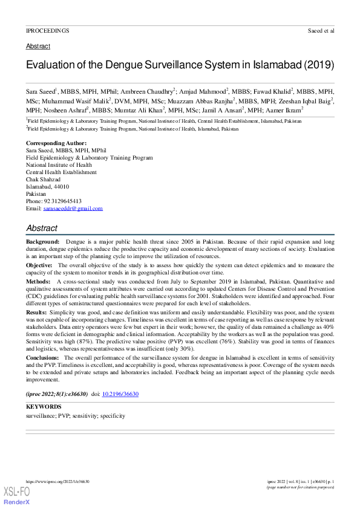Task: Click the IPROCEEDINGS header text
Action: tap(47, 30)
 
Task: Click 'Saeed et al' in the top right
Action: tap(320, 30)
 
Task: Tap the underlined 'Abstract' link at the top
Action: tap(38, 46)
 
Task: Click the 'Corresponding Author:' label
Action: tap(56, 143)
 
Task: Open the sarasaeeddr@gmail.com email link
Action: tap(73, 208)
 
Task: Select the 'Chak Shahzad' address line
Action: tap(43, 179)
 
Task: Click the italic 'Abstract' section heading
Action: tap(42, 228)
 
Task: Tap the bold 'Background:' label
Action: tap(42, 241)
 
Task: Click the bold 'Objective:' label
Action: tap(39, 265)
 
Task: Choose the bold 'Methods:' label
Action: tap(38, 281)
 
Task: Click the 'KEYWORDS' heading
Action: tap(44, 407)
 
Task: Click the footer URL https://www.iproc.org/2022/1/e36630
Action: tap(57, 481)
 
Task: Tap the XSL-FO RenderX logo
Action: tap(18, 496)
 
